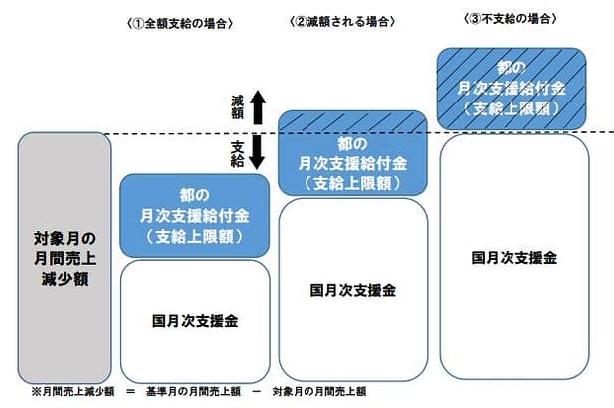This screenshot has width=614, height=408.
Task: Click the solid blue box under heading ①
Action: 194,215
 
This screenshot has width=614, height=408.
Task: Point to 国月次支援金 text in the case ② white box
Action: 352,290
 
